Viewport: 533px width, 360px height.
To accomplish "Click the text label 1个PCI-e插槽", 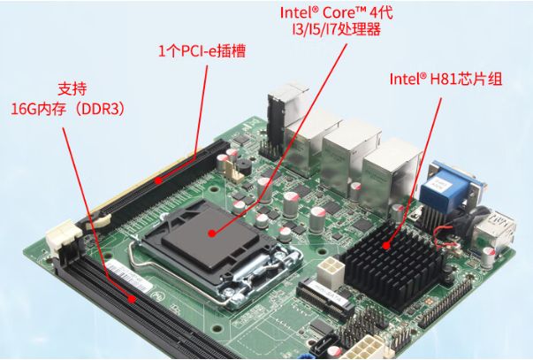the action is pos(202,51).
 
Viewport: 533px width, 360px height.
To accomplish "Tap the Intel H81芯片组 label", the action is pos(445,79).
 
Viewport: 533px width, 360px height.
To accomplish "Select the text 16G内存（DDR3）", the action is pos(68,109).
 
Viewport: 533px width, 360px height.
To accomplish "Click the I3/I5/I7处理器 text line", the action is pos(337,29).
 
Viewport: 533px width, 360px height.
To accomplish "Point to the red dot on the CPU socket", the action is pos(212,234).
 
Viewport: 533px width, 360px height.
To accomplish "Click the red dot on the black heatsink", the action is pos(386,245).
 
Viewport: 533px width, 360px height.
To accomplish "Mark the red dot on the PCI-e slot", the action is pos(158,180).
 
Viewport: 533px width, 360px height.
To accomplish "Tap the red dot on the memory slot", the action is pos(132,300).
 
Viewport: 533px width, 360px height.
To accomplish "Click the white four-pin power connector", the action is pos(330,272).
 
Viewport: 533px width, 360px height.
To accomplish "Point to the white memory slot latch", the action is pos(64,236).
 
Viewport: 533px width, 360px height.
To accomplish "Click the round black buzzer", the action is pos(244,166).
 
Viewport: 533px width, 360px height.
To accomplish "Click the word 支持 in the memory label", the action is pos(72,89).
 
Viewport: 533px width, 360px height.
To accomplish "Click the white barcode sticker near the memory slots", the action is pos(129,276).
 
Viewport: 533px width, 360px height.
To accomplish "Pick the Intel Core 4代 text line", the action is pos(337,12).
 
